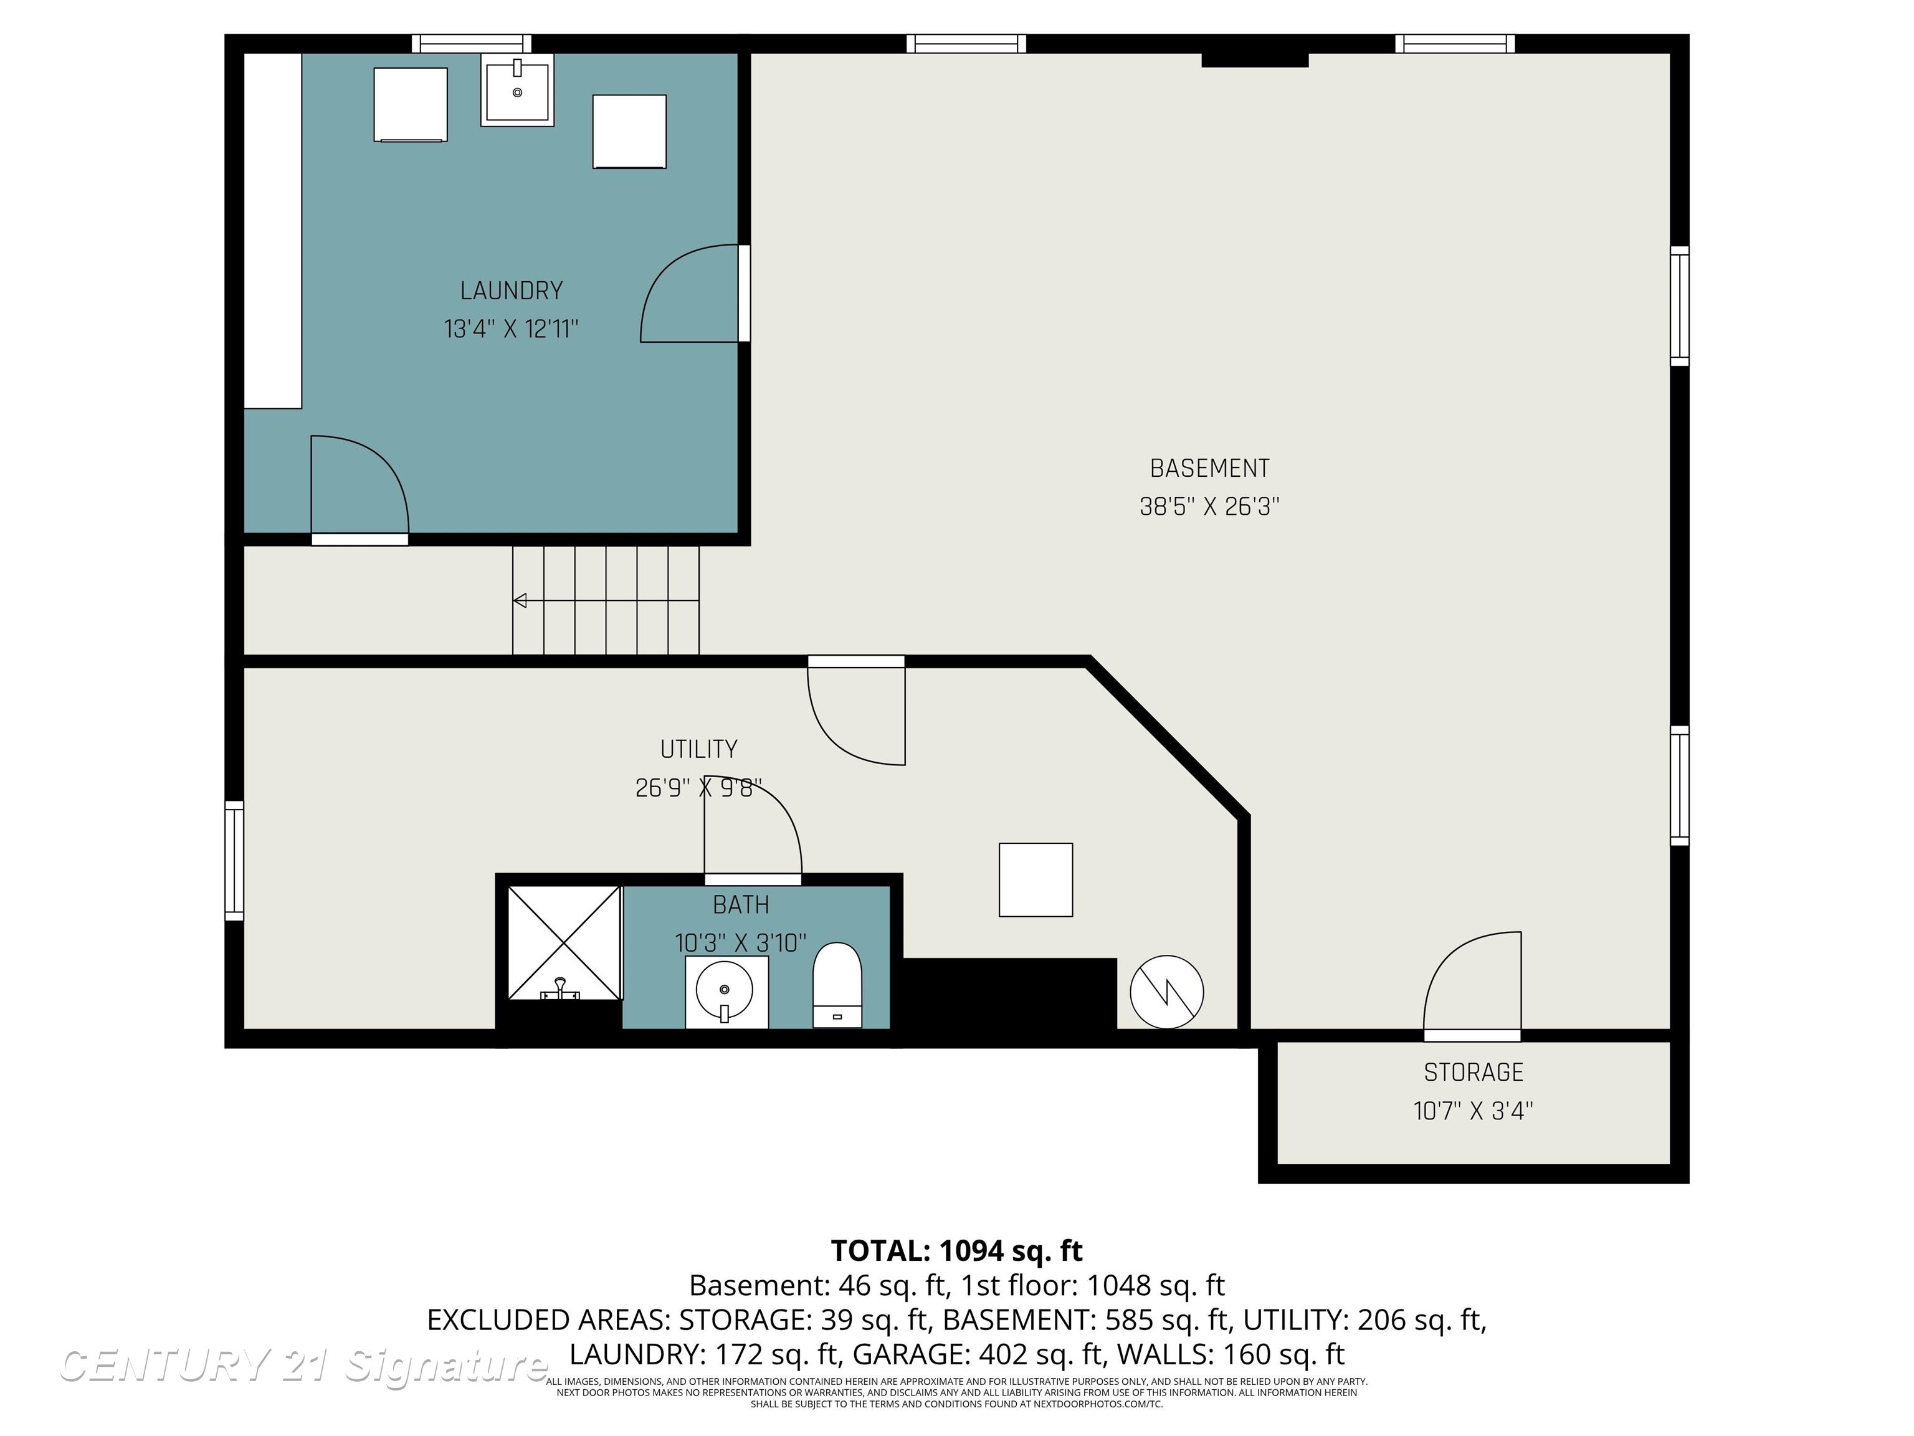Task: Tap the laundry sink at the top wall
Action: coord(517,90)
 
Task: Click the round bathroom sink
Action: coord(725,990)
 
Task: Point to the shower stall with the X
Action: coord(563,942)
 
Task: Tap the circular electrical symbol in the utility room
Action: coord(1166,992)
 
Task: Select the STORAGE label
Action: coord(1473,1073)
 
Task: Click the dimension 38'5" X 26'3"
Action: coord(1209,506)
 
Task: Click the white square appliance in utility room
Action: coord(1036,879)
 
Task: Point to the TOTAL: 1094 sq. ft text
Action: coord(956,1251)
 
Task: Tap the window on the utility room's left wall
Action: coord(234,860)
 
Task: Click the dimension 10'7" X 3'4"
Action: coord(1473,1111)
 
